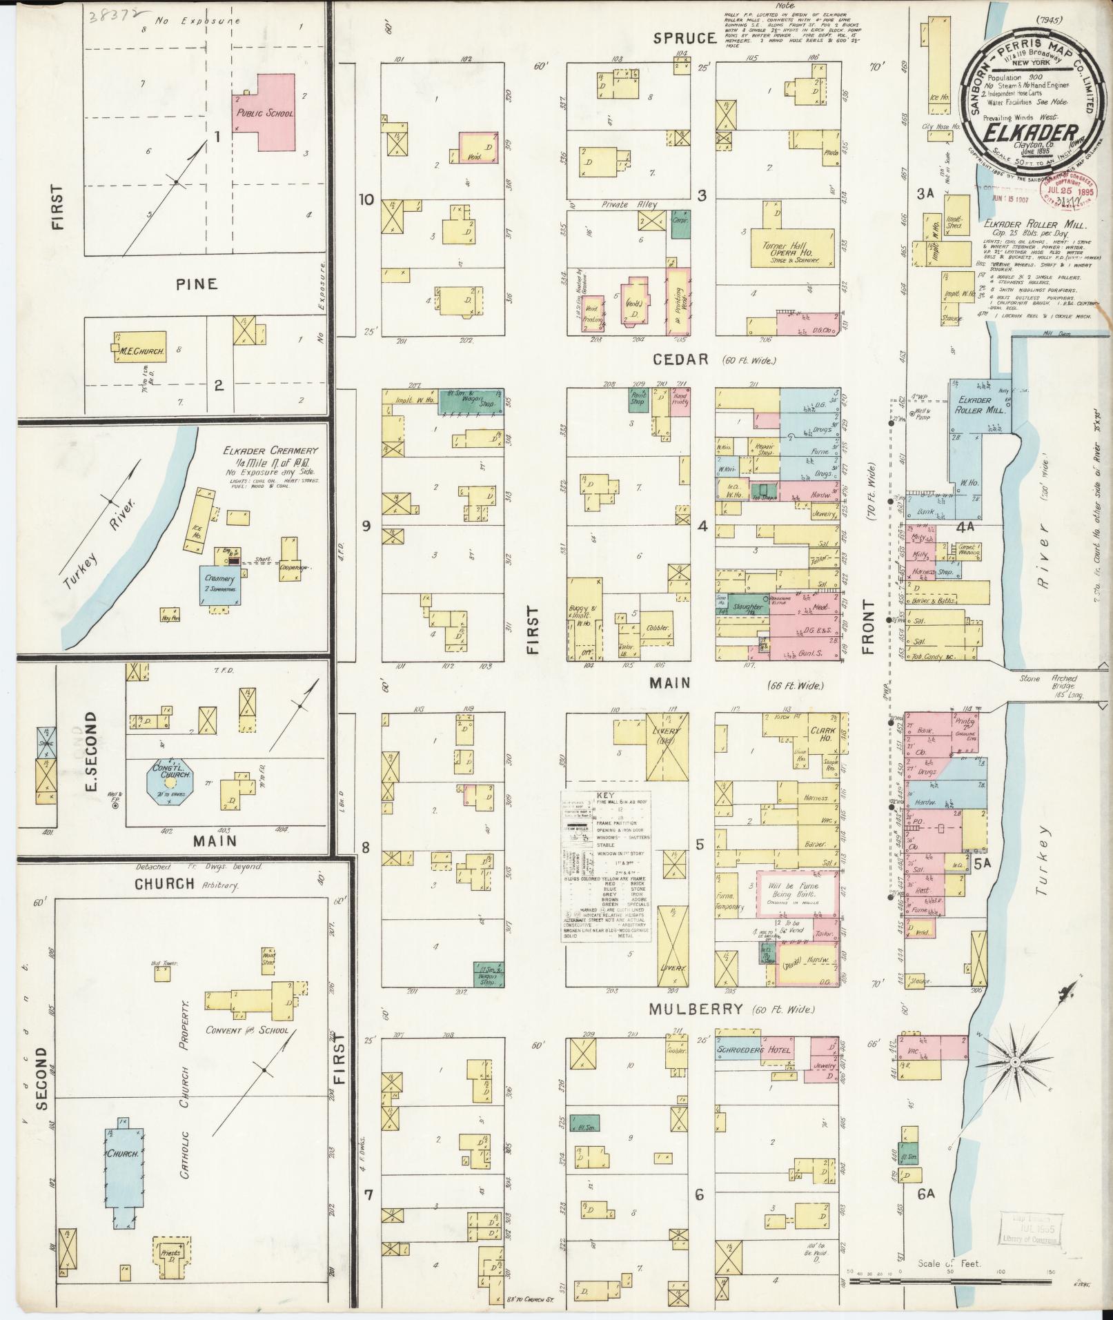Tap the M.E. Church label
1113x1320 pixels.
pyautogui.click(x=141, y=351)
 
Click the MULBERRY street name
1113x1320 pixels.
pyautogui.click(x=696, y=1009)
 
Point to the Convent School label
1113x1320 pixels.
pyautogui.click(x=246, y=1030)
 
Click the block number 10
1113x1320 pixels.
pyautogui.click(x=365, y=200)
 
